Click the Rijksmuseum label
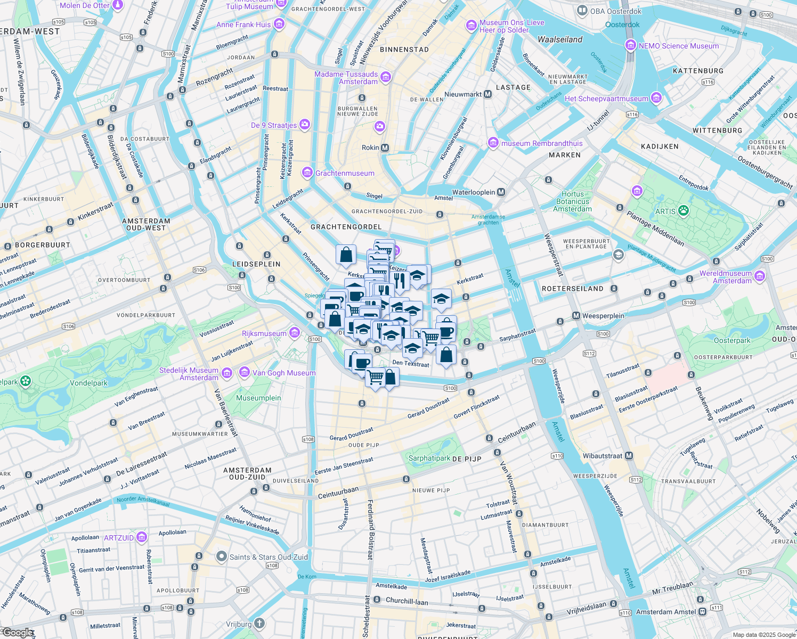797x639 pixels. tap(264, 333)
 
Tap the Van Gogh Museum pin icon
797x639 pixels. tap(245, 372)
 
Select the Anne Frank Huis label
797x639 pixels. tap(243, 24)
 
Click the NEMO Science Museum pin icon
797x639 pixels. tap(631, 45)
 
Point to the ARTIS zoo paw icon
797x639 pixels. tap(683, 211)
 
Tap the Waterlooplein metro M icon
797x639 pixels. tap(501, 192)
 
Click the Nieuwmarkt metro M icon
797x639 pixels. tap(487, 94)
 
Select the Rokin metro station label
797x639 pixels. tap(370, 148)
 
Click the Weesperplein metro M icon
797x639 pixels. tap(576, 316)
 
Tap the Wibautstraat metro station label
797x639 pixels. tap(603, 456)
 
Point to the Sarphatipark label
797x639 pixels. tap(429, 458)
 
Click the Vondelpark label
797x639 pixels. tap(88, 383)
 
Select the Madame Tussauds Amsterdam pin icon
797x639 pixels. tap(386, 77)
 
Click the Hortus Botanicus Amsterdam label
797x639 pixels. tap(572, 201)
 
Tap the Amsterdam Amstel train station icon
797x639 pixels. tap(703, 612)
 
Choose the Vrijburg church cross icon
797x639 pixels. tap(259, 623)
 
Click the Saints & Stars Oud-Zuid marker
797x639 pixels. tap(222, 556)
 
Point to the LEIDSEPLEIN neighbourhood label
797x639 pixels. tap(256, 264)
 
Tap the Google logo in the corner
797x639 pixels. tap(18, 633)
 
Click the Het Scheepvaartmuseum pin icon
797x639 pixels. tap(656, 98)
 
